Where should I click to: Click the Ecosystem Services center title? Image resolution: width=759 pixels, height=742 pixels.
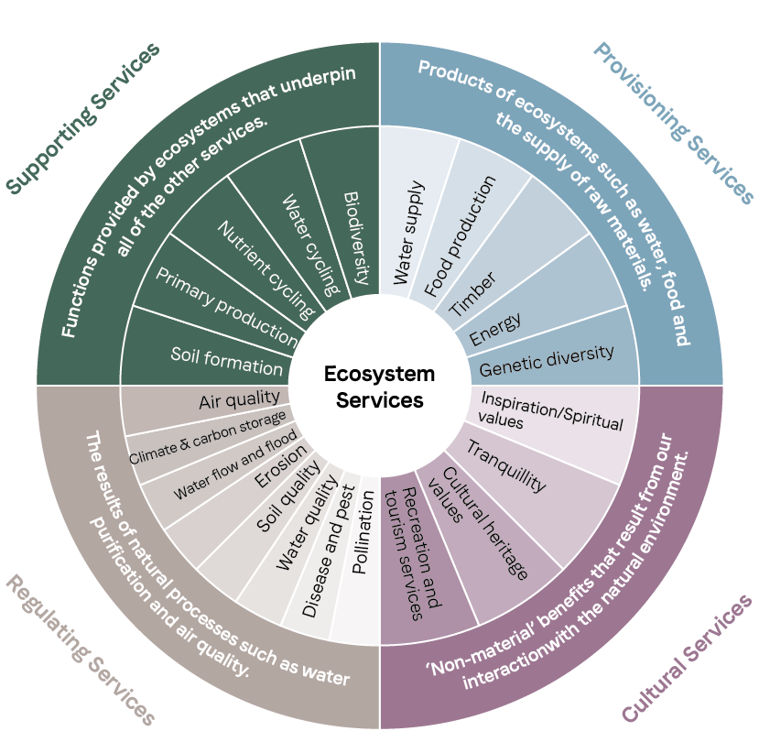tap(379, 387)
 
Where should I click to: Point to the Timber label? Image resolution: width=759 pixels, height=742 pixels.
tap(472, 291)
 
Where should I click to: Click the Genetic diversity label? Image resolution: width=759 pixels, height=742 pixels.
tap(546, 361)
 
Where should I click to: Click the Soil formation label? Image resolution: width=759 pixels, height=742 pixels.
tap(226, 360)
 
